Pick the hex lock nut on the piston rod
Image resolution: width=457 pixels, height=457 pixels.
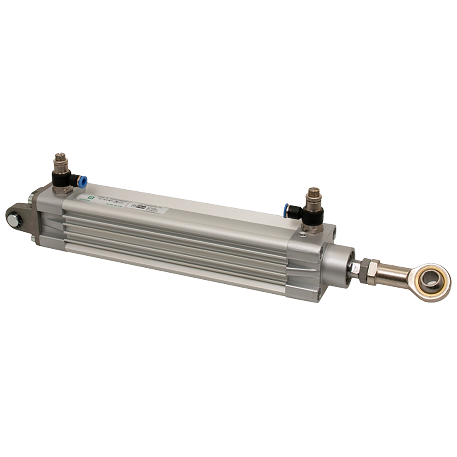pyautogui.click(x=368, y=269)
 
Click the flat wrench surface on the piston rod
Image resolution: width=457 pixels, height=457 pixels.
pyautogui.click(x=355, y=268)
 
